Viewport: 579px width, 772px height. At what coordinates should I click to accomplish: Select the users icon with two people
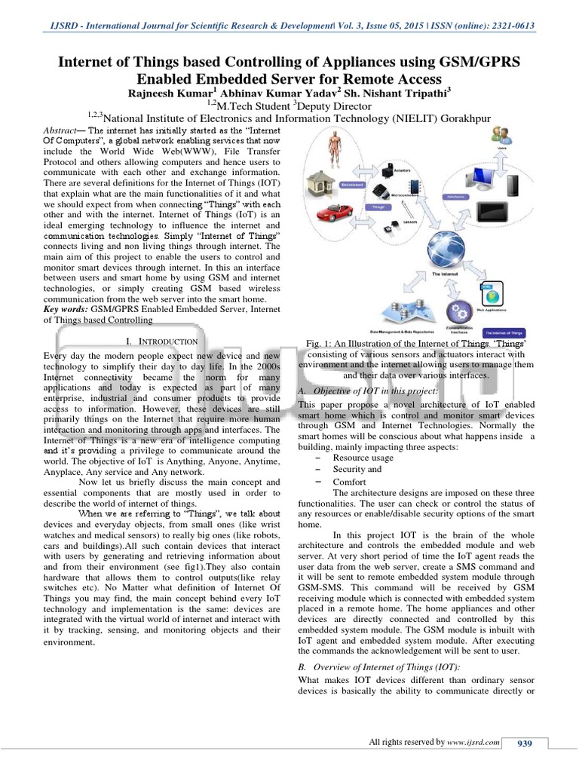click(500, 137)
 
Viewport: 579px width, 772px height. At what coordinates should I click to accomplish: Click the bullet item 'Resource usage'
click(363, 458)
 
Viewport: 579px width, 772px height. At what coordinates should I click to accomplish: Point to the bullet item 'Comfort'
click(349, 482)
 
